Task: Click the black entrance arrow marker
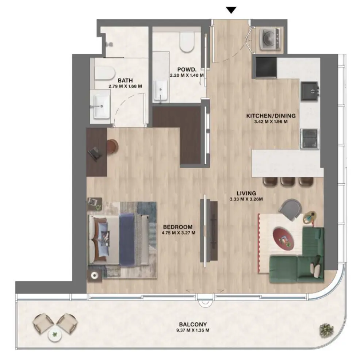(x=230, y=10)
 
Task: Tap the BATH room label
(x=125, y=81)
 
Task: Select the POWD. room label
(x=187, y=70)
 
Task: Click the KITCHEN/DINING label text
(x=271, y=116)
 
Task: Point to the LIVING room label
(x=246, y=193)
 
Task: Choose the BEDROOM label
(x=178, y=227)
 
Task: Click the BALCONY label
(x=193, y=324)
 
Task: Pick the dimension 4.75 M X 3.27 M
(x=178, y=233)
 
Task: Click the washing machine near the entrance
(x=270, y=39)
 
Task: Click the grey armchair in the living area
(x=291, y=209)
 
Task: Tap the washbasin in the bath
(x=102, y=107)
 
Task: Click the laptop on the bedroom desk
(x=96, y=153)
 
